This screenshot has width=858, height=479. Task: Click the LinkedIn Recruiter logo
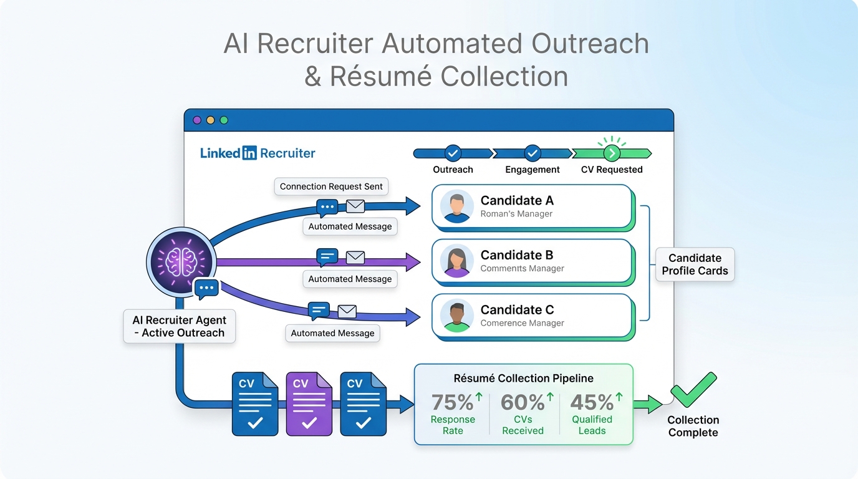258,153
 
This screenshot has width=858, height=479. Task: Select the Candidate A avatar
456,206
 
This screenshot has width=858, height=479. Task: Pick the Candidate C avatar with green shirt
456,316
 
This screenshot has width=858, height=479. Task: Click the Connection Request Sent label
331,186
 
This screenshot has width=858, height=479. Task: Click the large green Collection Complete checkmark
693,390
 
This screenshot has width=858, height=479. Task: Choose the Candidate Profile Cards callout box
695,264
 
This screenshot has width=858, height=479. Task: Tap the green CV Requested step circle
612,153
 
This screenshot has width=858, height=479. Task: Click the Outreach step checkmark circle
453,153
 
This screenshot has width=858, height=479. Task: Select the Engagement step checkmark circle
532,153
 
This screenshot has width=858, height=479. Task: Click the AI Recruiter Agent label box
180,326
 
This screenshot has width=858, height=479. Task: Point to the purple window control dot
197,120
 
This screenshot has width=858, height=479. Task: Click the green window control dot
224,120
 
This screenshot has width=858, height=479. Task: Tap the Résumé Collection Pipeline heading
523,378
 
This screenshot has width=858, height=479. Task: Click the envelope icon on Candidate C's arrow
347,311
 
